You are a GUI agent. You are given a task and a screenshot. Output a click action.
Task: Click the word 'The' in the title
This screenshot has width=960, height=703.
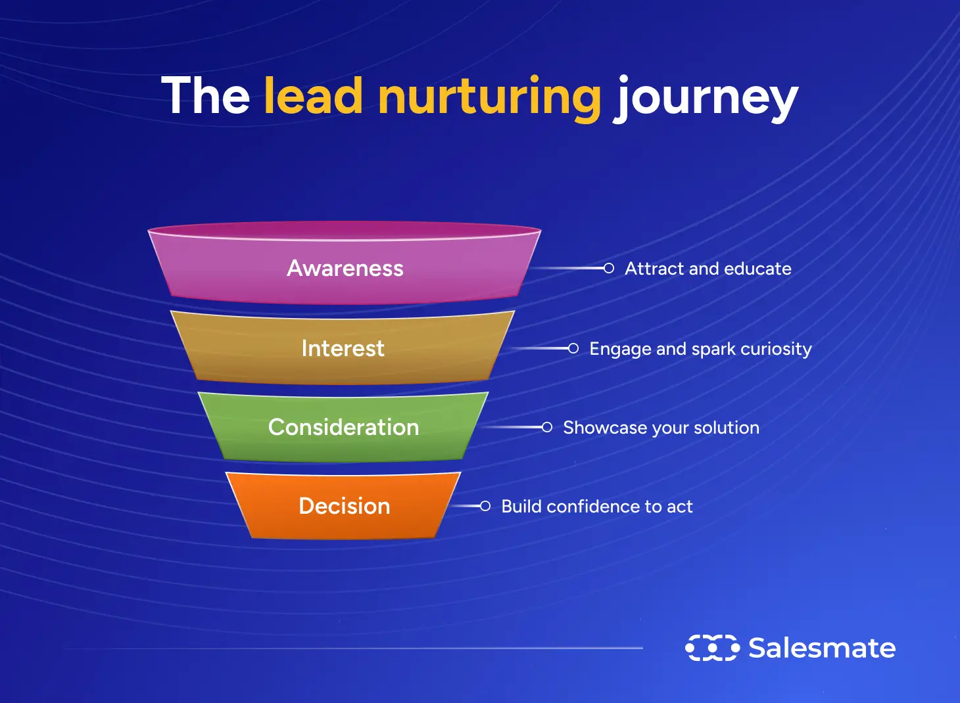205,97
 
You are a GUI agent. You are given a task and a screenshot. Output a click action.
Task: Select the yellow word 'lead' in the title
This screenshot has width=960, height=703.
313,97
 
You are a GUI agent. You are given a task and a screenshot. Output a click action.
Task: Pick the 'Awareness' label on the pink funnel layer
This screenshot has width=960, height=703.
345,268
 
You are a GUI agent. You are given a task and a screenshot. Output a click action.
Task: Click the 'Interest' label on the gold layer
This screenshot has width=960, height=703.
343,348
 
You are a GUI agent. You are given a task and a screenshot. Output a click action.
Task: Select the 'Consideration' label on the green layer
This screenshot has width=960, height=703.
343,427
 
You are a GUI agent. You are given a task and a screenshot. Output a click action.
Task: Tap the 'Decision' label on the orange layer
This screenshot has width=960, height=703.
345,506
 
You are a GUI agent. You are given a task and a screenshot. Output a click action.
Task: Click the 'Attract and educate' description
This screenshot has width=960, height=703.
708,269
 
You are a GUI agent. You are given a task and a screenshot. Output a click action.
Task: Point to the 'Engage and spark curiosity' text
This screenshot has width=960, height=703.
700,349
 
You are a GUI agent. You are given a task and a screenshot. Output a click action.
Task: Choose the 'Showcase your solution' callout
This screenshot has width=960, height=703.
661,428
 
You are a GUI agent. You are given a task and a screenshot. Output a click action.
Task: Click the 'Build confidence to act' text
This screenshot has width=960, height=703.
596,507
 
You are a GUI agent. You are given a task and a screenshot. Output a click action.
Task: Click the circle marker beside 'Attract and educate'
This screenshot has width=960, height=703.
609,268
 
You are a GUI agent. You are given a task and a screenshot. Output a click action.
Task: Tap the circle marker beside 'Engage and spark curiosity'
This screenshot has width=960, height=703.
573,348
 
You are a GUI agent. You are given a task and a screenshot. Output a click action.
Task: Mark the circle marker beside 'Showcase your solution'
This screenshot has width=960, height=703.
547,427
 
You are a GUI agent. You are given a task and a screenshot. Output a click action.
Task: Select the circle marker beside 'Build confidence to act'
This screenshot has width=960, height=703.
485,506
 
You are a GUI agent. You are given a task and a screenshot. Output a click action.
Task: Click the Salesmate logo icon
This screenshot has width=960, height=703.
712,648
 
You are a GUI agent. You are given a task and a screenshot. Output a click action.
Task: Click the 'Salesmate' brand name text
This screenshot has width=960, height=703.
822,648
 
